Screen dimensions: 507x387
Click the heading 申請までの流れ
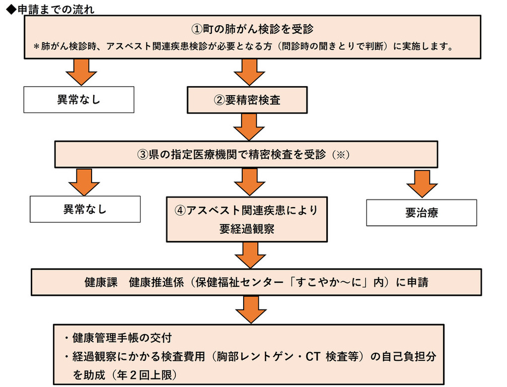tap(56, 10)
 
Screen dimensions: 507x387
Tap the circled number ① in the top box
tap(196, 29)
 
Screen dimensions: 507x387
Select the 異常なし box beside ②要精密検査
tap(79, 99)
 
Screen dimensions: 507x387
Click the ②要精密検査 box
tap(247, 100)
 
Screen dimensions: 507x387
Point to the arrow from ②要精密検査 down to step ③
tap(249, 127)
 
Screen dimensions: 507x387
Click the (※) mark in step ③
tap(341, 155)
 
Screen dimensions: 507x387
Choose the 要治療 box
tap(421, 213)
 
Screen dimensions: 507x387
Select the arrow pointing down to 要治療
tap(422, 183)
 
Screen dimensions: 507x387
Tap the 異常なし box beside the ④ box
tap(85, 209)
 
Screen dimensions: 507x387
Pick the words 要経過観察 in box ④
tap(247, 229)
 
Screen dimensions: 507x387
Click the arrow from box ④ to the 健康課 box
tap(250, 255)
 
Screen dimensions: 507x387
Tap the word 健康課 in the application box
tap(101, 282)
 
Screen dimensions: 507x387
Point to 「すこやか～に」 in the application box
tap(330, 282)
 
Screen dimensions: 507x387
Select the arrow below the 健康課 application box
tap(251, 310)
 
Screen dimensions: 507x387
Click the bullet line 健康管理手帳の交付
tap(118, 338)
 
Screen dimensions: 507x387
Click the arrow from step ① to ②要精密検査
tap(249, 73)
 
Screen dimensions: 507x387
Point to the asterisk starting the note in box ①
tap(36, 46)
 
